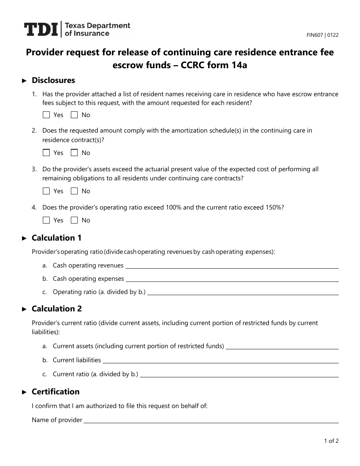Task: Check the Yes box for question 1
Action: [x=47, y=115]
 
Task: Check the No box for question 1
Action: [x=75, y=115]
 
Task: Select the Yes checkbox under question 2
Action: [x=47, y=153]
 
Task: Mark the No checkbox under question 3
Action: [x=75, y=191]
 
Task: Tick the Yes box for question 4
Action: [x=47, y=220]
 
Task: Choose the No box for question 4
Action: [x=75, y=220]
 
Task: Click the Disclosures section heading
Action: [x=53, y=80]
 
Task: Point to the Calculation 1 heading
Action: [x=56, y=238]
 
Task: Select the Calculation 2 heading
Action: [x=56, y=309]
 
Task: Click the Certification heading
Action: [x=56, y=392]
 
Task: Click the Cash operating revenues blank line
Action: [x=232, y=267]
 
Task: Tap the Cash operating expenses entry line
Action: [x=232, y=280]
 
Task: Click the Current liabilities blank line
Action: [x=221, y=361]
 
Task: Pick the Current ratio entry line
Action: [x=239, y=375]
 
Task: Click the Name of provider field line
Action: [x=211, y=421]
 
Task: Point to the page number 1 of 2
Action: [x=331, y=441]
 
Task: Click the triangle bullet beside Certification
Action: [x=25, y=392]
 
